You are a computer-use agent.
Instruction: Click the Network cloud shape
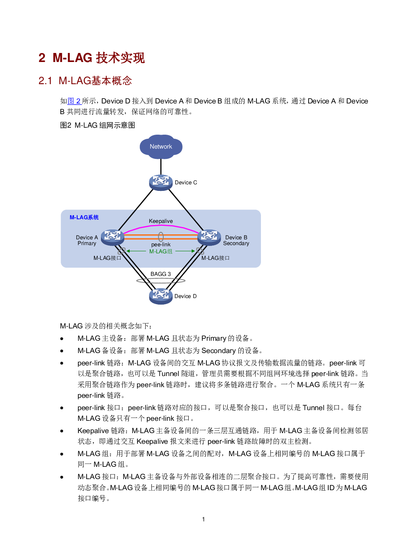point(161,147)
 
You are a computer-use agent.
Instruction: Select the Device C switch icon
point(160,182)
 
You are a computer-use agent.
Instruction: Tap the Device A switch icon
point(112,237)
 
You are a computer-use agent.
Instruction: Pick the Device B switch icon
point(209,237)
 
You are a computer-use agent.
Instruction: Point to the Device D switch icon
point(160,296)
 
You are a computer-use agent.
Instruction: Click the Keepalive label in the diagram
point(161,221)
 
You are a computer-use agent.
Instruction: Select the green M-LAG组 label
point(161,251)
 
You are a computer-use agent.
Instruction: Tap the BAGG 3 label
point(160,274)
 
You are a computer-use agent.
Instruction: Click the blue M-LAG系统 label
point(84,217)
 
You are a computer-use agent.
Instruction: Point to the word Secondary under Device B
point(236,243)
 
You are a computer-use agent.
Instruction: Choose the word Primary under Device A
point(87,243)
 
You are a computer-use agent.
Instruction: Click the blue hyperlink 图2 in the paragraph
point(74,101)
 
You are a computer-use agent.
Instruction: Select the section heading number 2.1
point(45,80)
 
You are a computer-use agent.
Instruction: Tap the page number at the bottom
point(203,519)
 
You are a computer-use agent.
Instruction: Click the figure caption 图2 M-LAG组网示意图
point(97,125)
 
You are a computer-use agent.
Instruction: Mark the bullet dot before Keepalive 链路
point(62,431)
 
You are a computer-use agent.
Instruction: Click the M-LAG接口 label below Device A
point(107,258)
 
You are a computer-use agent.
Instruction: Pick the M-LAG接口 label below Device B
point(215,258)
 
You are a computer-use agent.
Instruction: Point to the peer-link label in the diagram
point(161,244)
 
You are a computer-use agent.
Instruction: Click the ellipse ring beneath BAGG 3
point(160,281)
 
